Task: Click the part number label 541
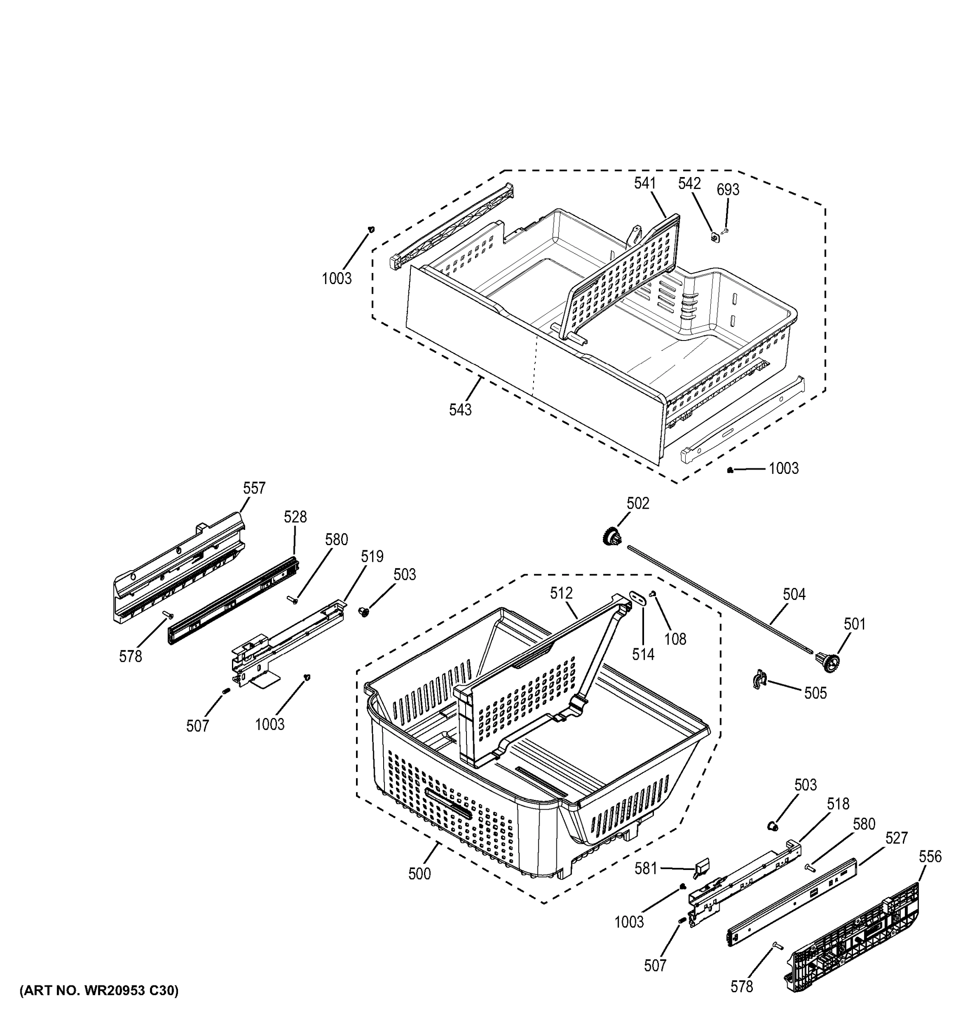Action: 644,183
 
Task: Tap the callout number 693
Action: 728,190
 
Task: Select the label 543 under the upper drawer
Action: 460,410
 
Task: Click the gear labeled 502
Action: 611,538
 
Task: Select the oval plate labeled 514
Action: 638,598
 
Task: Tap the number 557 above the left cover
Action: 254,488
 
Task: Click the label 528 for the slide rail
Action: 295,517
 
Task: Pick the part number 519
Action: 372,556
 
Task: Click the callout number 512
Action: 561,593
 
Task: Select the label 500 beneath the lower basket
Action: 419,874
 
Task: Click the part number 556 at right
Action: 930,856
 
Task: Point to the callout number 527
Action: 896,838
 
